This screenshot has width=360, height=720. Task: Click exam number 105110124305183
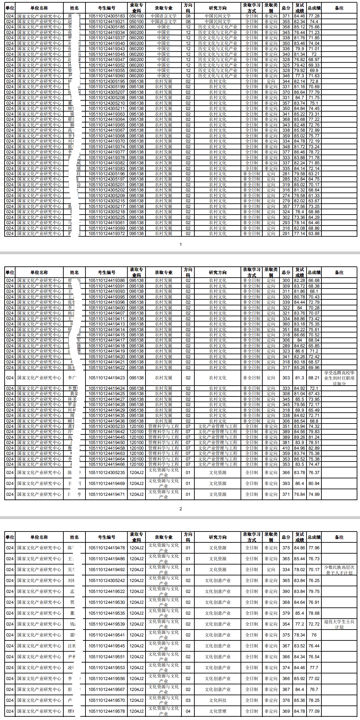107,16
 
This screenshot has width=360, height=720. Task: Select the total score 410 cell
286,448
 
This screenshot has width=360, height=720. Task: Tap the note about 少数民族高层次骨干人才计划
339,570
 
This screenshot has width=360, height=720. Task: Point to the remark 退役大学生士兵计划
339,624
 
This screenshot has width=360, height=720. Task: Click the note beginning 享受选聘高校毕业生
339,378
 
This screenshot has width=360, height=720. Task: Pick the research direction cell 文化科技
217,700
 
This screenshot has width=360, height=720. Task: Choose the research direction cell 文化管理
217,711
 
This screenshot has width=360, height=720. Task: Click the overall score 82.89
314,448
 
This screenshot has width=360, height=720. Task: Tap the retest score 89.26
299,437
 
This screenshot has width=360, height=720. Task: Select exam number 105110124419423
107,378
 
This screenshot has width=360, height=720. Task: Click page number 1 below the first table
180,245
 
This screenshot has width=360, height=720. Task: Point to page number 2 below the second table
180,509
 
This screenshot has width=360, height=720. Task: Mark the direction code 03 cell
188,700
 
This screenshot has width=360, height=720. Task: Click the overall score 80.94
314,483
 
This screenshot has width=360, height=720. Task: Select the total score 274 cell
286,195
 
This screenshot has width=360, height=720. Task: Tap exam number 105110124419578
107,711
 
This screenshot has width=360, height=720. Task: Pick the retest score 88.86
299,319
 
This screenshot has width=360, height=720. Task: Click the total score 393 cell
286,483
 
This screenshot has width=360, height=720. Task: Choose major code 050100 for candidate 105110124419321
136,21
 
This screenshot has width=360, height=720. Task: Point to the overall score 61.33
314,195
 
